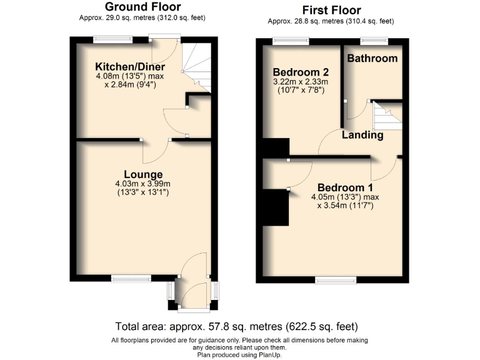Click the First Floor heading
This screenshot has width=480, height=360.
[x=331, y=10]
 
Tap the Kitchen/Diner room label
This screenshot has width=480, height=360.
[x=130, y=67]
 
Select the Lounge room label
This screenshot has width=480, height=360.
[x=143, y=174]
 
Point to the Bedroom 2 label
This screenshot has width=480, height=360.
[x=296, y=71]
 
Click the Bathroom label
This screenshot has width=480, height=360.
[x=372, y=58]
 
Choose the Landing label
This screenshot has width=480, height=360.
[x=362, y=135]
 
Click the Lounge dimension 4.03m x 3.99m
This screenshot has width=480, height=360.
[x=143, y=184]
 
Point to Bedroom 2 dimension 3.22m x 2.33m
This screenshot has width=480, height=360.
[x=297, y=81]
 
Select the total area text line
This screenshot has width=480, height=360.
[x=236, y=326]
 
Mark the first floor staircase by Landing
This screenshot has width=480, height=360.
[x=386, y=116]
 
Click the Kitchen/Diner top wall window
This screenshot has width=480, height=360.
[x=113, y=39]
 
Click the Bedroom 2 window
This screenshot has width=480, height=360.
[x=291, y=41]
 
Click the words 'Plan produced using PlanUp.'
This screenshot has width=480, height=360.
[x=239, y=354]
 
